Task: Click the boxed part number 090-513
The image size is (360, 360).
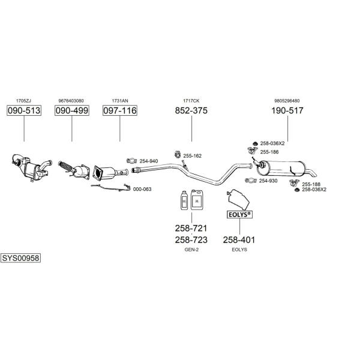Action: (x=24, y=110)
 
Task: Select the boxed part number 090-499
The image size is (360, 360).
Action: (x=72, y=110)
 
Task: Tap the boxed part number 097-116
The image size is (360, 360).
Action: (x=120, y=110)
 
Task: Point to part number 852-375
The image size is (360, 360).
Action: (x=191, y=110)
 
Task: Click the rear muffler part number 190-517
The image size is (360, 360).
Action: (x=287, y=110)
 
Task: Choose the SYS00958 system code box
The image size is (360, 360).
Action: (x=20, y=258)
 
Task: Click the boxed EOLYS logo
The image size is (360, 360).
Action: (x=239, y=215)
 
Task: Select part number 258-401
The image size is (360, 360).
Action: (x=239, y=240)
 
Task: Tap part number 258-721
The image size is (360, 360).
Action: (x=191, y=228)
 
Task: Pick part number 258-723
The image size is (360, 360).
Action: (x=191, y=240)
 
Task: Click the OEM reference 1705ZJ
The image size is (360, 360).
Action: (x=23, y=101)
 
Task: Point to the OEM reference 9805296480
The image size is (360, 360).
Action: (x=287, y=101)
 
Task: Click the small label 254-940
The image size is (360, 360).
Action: (x=149, y=161)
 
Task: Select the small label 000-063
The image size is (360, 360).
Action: (x=142, y=189)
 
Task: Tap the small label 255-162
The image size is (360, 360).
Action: (x=193, y=156)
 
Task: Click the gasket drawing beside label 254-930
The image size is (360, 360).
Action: (x=251, y=181)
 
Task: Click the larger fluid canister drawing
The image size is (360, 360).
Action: (x=197, y=200)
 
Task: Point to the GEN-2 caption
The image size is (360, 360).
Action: (x=191, y=250)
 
